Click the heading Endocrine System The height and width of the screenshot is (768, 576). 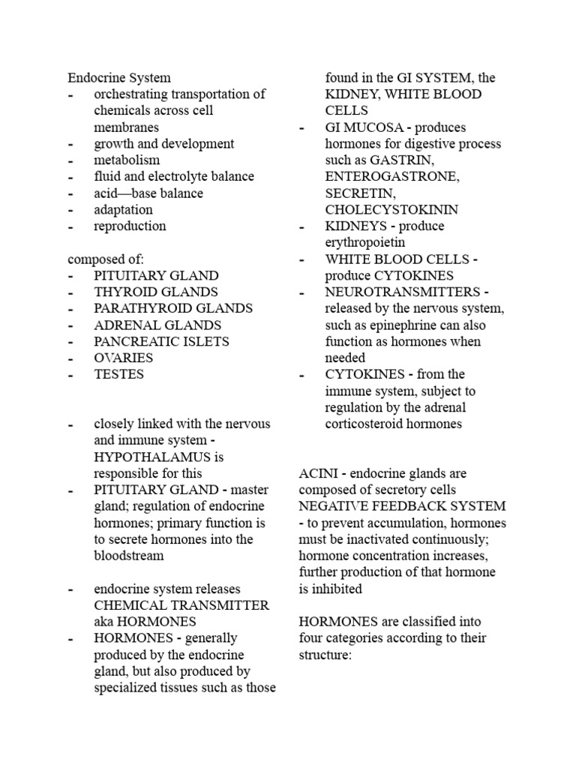point(119,77)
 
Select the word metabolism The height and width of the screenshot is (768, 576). point(127,160)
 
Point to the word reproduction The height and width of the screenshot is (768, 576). point(130,226)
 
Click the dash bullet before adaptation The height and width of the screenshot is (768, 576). point(70,210)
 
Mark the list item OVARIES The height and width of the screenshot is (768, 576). point(123,358)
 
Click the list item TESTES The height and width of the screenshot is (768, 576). point(118,374)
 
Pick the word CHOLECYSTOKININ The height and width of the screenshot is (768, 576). point(391,210)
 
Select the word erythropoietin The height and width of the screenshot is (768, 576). point(364,242)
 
